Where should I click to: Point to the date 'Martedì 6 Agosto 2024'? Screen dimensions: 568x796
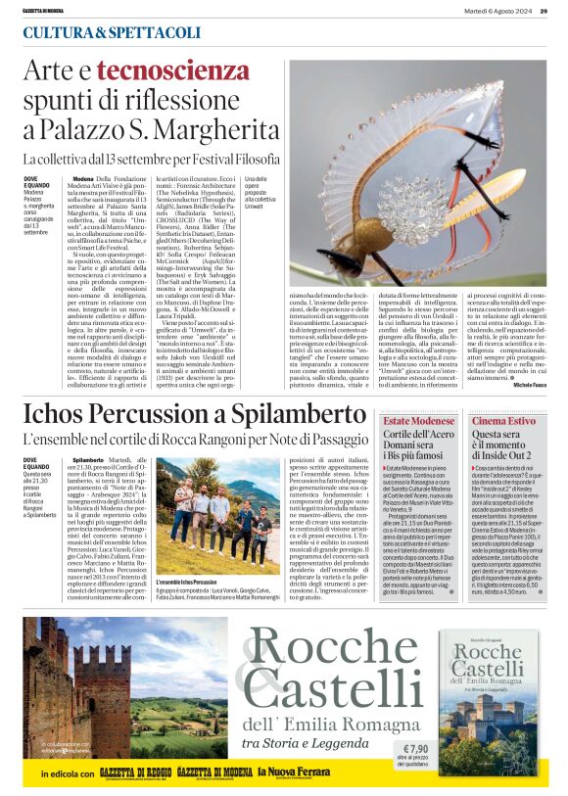(x=497, y=11)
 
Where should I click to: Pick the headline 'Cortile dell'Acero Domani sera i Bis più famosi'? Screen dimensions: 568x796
(x=419, y=446)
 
